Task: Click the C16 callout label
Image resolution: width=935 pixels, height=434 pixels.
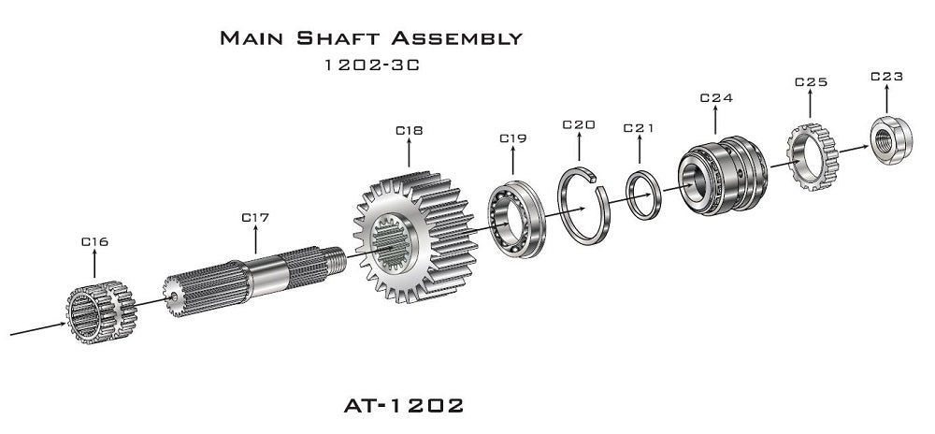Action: pos(94,241)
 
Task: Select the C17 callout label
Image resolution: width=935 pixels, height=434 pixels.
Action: pos(255,217)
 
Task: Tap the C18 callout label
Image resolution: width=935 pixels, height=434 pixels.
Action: pos(410,131)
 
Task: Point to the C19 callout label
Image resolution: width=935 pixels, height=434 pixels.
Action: pos(512,137)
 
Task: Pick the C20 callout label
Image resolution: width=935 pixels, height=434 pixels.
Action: pos(579,124)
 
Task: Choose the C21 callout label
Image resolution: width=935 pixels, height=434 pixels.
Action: pos(639,127)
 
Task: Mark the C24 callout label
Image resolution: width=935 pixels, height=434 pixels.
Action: pos(716,97)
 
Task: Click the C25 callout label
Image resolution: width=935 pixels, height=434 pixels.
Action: pos(811,82)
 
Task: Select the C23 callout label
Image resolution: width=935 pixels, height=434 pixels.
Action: pos(886,77)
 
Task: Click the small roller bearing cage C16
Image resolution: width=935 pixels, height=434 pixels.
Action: pos(98,308)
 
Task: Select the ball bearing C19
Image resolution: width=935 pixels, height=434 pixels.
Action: pos(515,215)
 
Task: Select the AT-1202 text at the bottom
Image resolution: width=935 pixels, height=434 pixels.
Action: pos(403,406)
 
